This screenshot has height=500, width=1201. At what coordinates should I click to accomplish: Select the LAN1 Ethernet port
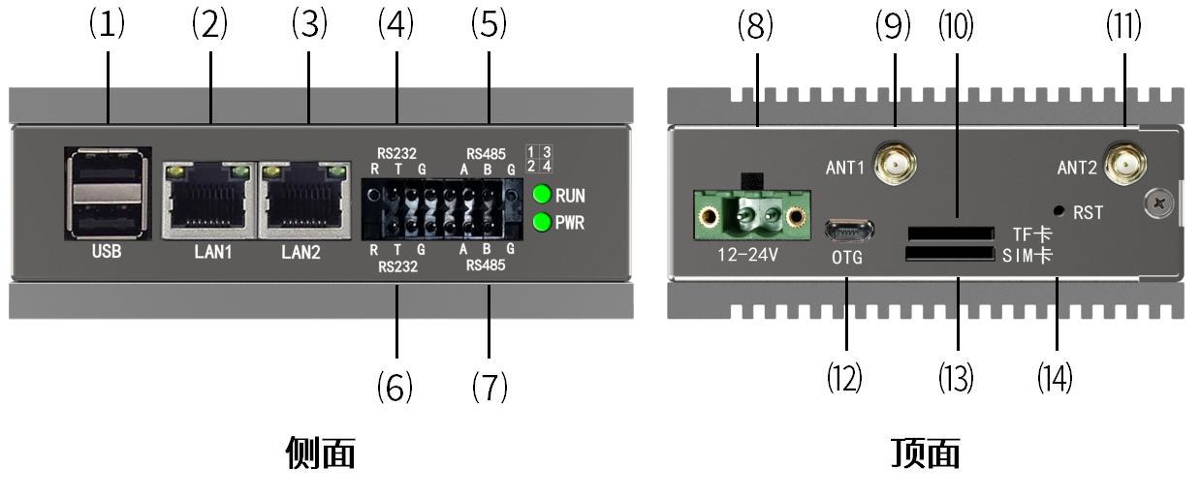(x=208, y=200)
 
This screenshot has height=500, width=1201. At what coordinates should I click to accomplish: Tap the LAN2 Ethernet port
(x=306, y=200)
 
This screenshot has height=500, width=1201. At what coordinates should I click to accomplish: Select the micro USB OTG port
(x=848, y=231)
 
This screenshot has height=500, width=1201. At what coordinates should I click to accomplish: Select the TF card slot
(x=951, y=234)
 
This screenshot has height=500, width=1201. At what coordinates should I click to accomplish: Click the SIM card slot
(x=951, y=254)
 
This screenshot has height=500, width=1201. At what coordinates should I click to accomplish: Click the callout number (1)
(x=107, y=25)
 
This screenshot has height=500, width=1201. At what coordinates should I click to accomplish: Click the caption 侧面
(x=321, y=453)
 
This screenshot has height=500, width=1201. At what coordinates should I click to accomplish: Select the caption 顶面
(x=926, y=453)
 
